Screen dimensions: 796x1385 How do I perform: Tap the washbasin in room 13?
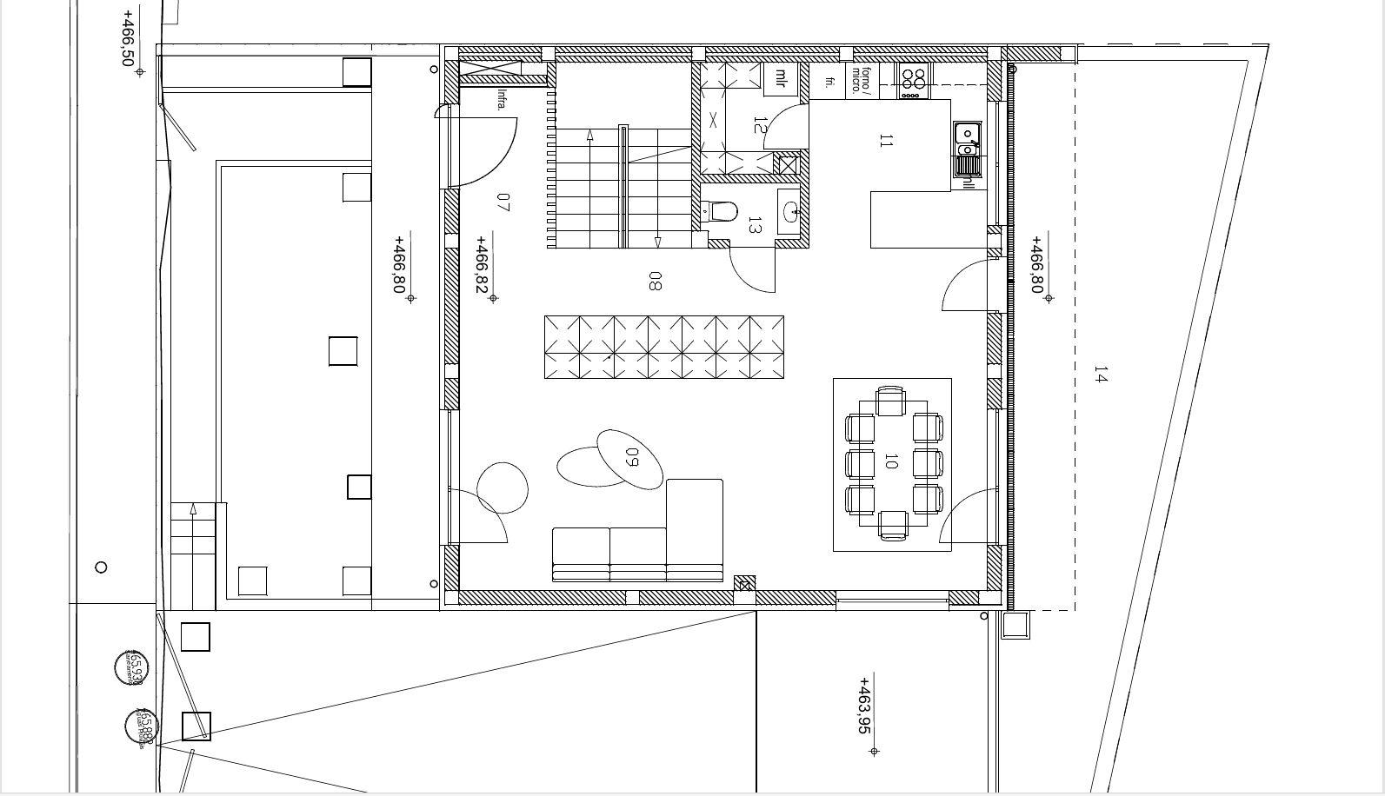click(x=789, y=211)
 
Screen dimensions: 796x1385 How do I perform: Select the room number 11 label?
click(x=886, y=140)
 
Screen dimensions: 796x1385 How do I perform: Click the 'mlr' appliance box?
click(x=781, y=79)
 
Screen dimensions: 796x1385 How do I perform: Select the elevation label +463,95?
click(x=864, y=706)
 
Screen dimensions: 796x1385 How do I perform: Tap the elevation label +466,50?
click(x=129, y=38)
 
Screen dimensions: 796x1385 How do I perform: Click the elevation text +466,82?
click(x=482, y=264)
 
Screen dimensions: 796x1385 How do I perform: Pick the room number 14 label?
click(x=1101, y=375)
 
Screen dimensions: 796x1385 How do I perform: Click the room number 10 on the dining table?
click(x=889, y=461)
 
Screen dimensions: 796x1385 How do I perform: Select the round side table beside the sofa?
click(x=503, y=488)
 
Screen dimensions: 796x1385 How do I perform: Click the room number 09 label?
click(x=632, y=456)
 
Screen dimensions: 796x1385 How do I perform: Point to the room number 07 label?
click(x=503, y=202)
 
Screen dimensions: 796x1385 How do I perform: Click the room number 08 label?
click(x=655, y=281)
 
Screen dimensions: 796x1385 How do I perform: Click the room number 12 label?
click(x=760, y=125)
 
